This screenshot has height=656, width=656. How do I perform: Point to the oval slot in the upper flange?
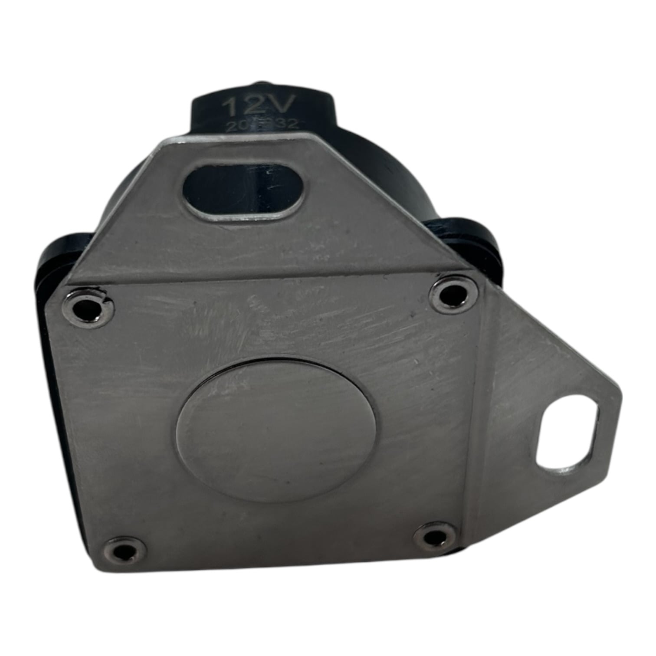coord(244,191)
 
